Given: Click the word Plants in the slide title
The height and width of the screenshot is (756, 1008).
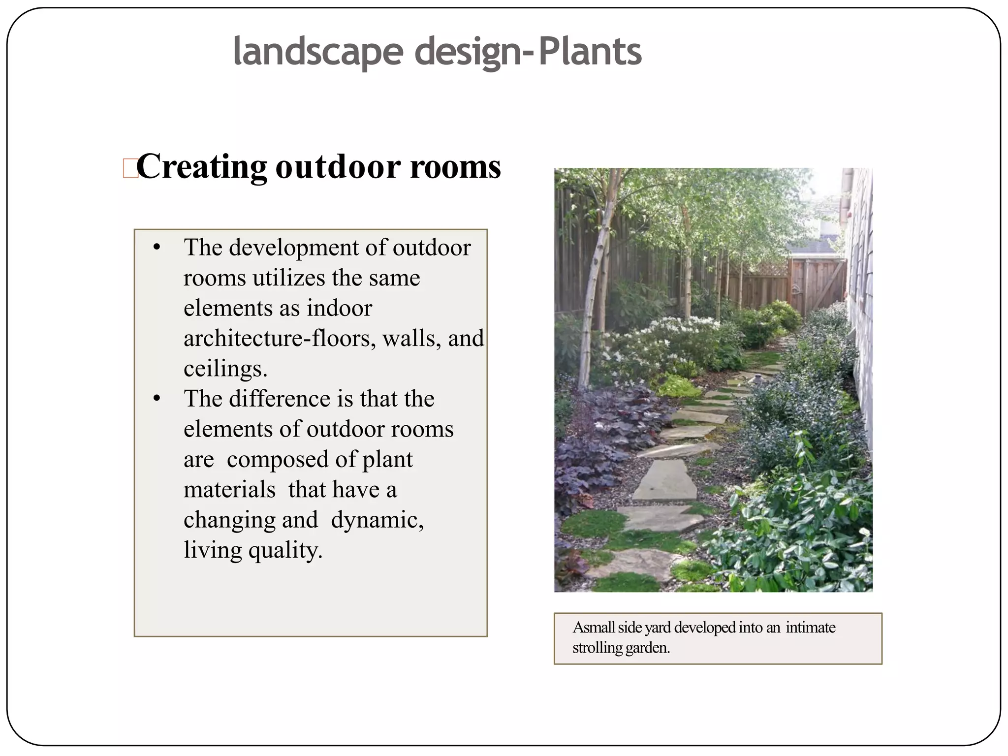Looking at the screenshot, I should (x=590, y=52).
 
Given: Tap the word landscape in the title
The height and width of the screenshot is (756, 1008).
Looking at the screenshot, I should (x=318, y=52).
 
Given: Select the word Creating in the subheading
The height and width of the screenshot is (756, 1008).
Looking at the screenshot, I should (x=201, y=166).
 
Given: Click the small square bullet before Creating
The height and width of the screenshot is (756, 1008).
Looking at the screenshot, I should (x=130, y=168).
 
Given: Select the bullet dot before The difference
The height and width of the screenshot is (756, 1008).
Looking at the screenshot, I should (x=157, y=398).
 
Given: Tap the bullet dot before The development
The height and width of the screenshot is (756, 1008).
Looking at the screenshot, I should (x=157, y=247).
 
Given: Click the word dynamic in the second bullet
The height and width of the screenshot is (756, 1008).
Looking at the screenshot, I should (x=377, y=520).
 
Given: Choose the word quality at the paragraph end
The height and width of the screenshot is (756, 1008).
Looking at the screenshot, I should (x=285, y=550).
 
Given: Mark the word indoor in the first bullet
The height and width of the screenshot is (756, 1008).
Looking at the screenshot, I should (x=339, y=309).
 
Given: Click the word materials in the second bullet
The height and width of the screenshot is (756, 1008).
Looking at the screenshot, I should (x=229, y=490).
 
